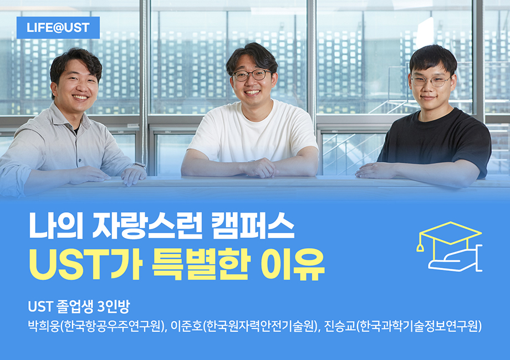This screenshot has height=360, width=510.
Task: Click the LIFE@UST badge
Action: [58, 28]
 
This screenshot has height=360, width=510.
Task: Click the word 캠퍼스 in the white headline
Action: [253, 226]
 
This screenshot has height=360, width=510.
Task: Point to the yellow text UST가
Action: [86, 264]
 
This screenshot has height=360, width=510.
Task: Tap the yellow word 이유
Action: [293, 264]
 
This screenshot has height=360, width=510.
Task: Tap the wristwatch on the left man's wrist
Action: [139, 164]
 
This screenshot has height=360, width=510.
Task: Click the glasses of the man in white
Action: [252, 75]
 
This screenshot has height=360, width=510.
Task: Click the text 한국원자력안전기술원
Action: [260, 326]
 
